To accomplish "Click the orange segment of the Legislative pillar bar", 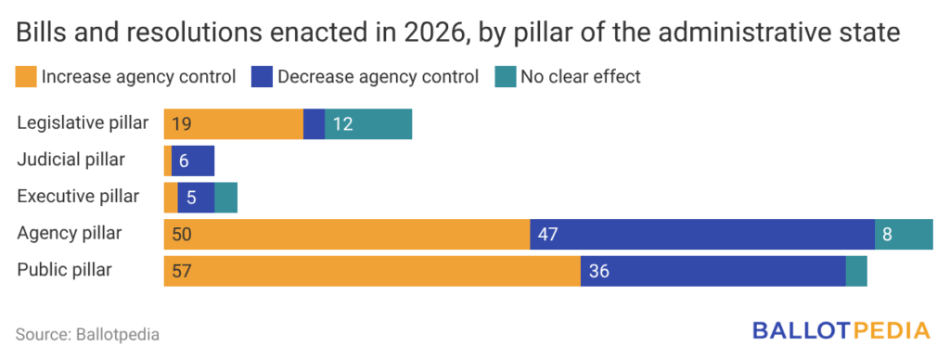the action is (x=233, y=124).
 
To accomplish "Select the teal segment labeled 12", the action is (x=368, y=124).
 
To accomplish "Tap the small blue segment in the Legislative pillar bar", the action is (x=314, y=124).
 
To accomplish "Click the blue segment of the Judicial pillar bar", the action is (x=193, y=161).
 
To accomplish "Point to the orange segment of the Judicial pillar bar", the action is (x=168, y=161).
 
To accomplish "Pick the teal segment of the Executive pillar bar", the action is (x=226, y=198).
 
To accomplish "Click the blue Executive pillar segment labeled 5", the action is (x=196, y=198).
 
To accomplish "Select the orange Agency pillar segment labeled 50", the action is (x=347, y=234).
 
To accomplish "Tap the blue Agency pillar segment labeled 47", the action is (x=702, y=234).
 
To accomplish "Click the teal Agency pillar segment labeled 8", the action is (x=904, y=234).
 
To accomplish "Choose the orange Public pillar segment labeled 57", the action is (x=372, y=271).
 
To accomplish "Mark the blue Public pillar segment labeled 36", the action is (x=713, y=271).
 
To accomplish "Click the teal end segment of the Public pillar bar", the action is (x=856, y=271).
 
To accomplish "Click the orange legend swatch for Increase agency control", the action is (x=26, y=78).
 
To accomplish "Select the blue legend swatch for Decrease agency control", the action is (x=262, y=78).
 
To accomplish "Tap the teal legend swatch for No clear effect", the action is (x=506, y=78).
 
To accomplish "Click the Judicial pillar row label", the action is (x=71, y=160).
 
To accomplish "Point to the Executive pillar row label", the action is (x=78, y=197).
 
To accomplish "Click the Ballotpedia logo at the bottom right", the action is (x=841, y=331).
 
